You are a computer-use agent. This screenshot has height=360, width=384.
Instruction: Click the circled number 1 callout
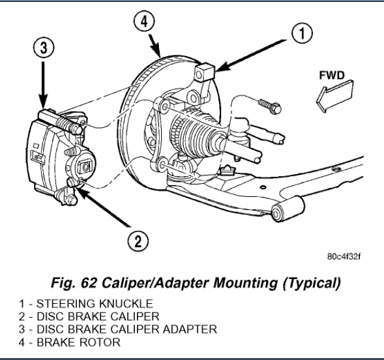click(x=302, y=33)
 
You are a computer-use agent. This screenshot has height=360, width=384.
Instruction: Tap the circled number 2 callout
click(x=138, y=241)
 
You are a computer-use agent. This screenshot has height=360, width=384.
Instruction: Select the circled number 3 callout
click(x=44, y=47)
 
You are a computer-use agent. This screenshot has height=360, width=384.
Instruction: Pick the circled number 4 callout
click(x=145, y=22)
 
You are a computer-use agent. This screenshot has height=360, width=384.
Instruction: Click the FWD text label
click(x=332, y=75)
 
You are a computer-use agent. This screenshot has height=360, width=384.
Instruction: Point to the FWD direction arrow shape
click(x=334, y=97)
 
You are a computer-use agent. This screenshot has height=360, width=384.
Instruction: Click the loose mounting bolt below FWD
click(x=270, y=106)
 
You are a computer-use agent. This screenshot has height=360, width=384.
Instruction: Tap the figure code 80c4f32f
click(x=344, y=257)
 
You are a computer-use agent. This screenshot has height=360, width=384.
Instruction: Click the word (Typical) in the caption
click(x=312, y=284)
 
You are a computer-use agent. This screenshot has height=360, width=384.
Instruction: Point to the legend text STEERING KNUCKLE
click(x=95, y=304)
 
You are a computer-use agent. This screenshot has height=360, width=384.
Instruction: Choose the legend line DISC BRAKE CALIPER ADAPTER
click(x=118, y=329)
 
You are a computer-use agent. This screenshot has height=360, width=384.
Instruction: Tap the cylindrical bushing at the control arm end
click(x=288, y=209)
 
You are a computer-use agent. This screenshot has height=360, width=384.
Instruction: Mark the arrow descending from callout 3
click(x=43, y=85)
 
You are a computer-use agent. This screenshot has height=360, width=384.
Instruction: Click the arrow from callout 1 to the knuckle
click(x=250, y=56)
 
